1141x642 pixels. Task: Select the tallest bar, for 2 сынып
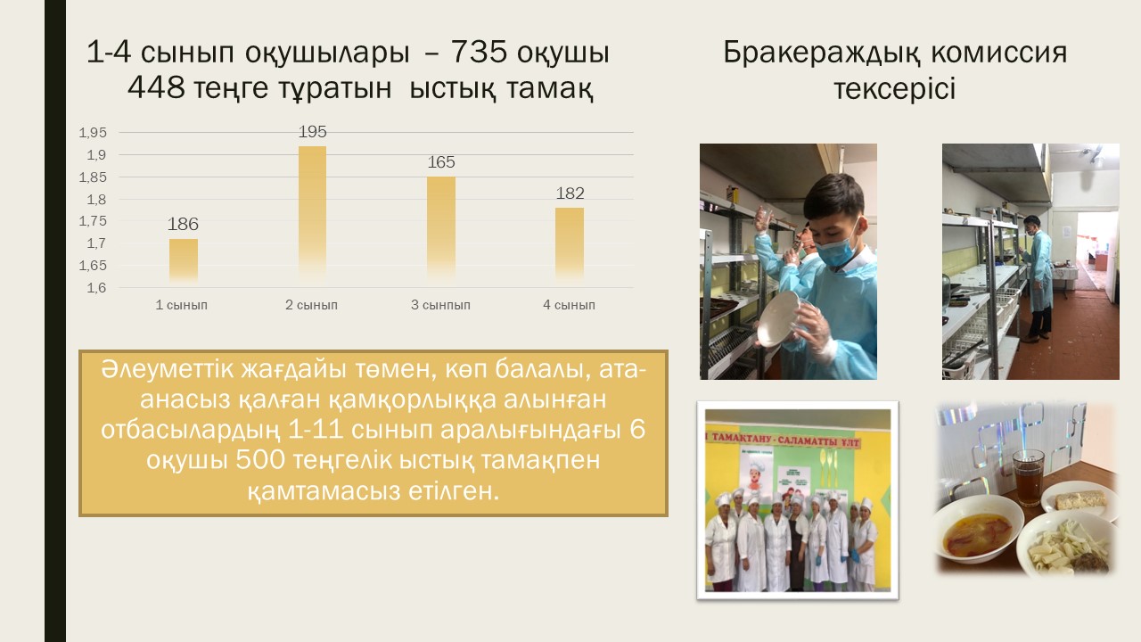point(312,215)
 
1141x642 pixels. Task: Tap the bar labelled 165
point(441,230)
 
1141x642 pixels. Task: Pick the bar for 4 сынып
point(570,245)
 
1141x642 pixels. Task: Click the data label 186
point(183,224)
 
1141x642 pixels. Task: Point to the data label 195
point(312,131)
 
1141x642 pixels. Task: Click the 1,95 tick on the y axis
point(93,133)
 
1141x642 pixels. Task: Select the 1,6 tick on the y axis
point(96,288)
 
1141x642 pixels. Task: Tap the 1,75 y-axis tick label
point(93,221)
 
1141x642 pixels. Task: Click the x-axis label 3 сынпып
point(440,305)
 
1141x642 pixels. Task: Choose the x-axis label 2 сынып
point(311,305)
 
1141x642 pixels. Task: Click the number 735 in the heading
point(480,52)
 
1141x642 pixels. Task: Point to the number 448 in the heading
point(156,87)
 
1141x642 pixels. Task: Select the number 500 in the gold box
point(260,460)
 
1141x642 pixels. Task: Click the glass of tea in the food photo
point(1029,477)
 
